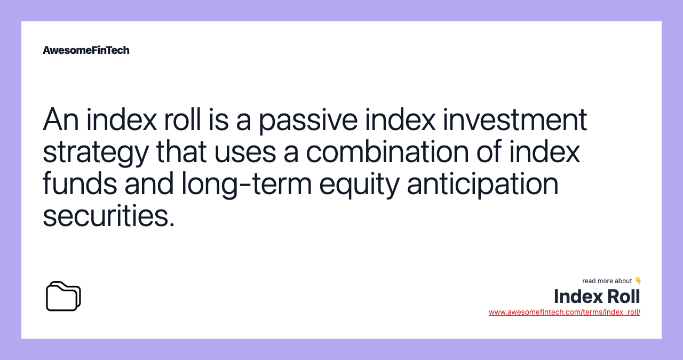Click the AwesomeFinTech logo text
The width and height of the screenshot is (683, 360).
(x=86, y=50)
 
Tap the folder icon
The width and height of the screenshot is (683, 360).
(x=63, y=296)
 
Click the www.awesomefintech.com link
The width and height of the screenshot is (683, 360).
(x=564, y=312)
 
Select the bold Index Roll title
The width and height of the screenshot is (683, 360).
(x=597, y=296)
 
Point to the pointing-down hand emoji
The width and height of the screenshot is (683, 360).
(x=638, y=281)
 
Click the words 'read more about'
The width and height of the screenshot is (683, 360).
(x=607, y=281)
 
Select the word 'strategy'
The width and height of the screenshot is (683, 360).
(x=96, y=152)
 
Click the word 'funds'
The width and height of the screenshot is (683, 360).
(x=80, y=184)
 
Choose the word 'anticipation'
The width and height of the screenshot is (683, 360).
(x=482, y=184)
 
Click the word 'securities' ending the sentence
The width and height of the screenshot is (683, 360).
(x=108, y=216)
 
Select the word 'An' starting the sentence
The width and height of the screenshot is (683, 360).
(x=60, y=120)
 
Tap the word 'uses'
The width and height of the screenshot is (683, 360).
(x=244, y=152)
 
